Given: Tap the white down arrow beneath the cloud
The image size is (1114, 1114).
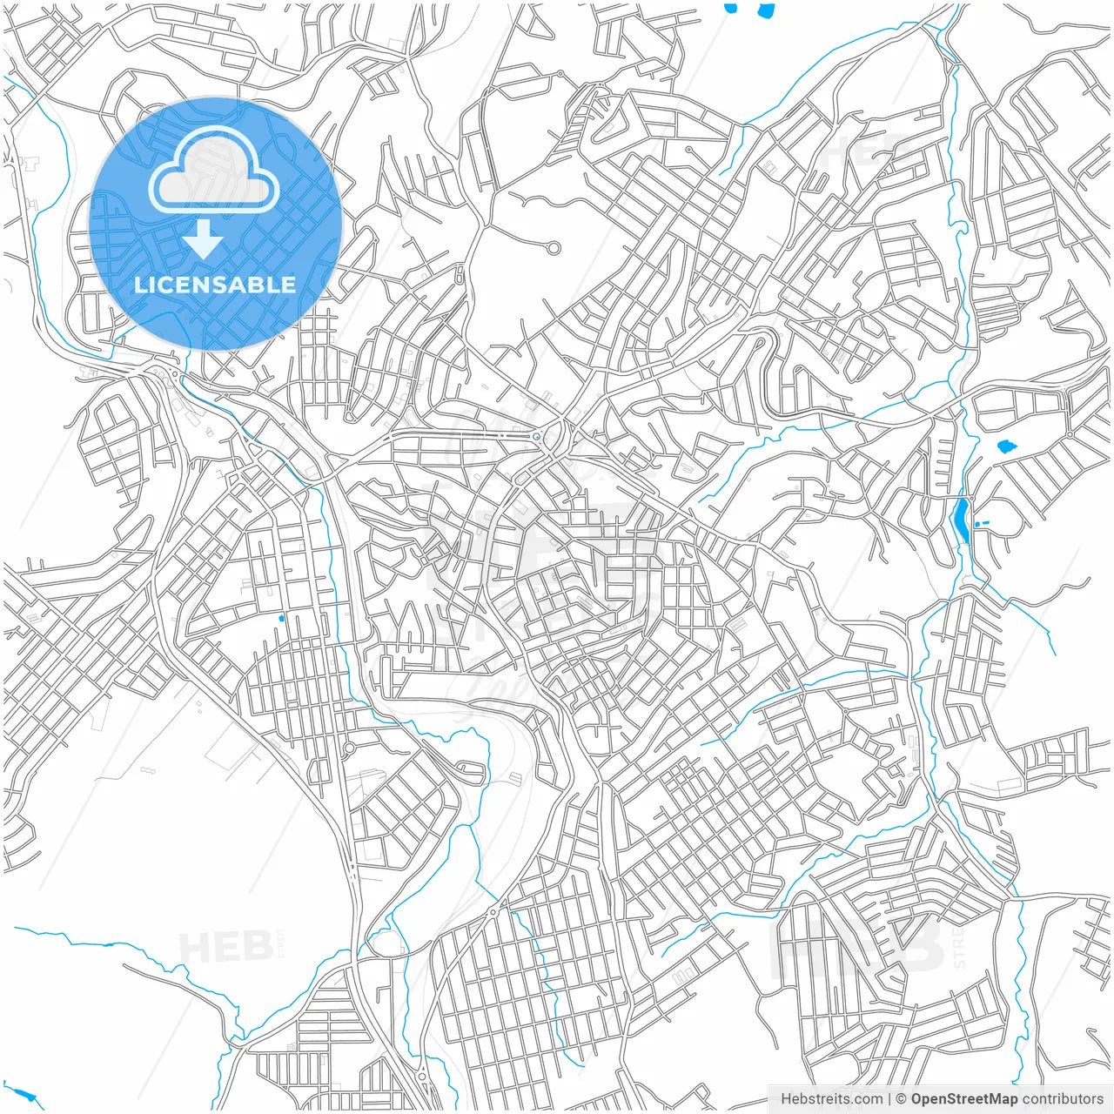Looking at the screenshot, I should click(x=204, y=239).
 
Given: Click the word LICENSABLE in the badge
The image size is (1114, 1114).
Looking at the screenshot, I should click(x=214, y=285).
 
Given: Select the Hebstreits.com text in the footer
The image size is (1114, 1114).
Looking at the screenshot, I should click(x=831, y=1099).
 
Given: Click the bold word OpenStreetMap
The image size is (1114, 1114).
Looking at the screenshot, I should click(x=963, y=1099).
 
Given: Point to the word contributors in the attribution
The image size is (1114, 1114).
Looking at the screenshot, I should click(x=1063, y=1099).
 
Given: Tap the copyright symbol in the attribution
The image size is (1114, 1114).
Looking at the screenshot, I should click(x=902, y=1099).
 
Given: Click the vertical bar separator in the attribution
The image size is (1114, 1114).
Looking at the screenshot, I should click(x=889, y=1099).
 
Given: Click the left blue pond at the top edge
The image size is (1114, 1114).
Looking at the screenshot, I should click(x=731, y=8).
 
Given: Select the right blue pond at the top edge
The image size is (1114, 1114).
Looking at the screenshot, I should click(x=766, y=10).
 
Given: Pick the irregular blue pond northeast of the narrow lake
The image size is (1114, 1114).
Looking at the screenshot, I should click(x=1007, y=446).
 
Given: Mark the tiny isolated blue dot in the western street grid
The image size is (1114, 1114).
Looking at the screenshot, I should click(x=280, y=618).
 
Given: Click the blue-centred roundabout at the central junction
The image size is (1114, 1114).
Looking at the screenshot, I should click(x=537, y=437).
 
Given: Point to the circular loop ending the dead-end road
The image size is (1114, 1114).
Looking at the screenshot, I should click(x=554, y=248).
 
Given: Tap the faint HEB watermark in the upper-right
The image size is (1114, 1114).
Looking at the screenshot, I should click(x=857, y=154).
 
